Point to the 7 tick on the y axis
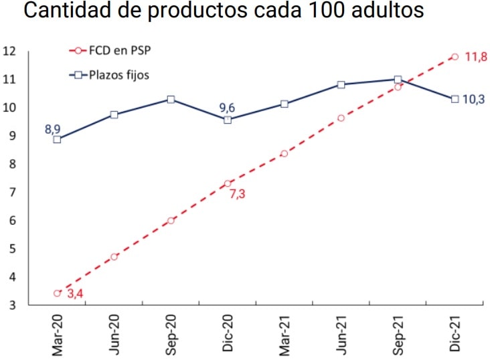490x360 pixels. tap(12, 192)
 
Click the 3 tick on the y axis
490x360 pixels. tap(12, 305)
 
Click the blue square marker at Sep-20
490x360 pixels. tap(171, 100)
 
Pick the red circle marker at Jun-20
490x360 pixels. tap(114, 257)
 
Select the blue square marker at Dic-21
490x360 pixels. tap(455, 99)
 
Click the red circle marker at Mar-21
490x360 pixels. tap(284, 153)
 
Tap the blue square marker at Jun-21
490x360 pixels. tap(341, 85)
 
